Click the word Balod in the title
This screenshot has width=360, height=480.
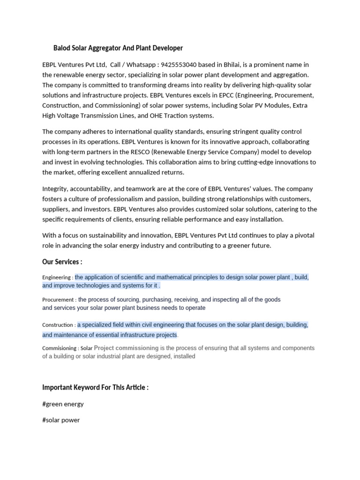pyautogui.click(x=63, y=48)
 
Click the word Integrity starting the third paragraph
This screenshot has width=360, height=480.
pyautogui.click(x=56, y=188)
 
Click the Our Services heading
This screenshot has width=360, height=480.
pyautogui.click(x=62, y=262)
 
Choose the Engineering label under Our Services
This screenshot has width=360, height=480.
pyautogui.click(x=57, y=277)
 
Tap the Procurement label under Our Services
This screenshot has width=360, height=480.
pyautogui.click(x=58, y=300)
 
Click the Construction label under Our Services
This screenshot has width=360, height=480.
pyautogui.click(x=58, y=325)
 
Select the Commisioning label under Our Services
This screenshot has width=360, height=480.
pyautogui.click(x=60, y=348)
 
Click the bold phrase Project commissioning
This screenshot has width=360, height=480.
pyautogui.click(x=126, y=348)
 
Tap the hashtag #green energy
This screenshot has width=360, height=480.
pyautogui.click(x=63, y=404)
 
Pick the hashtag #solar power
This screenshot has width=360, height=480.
pyautogui.click(x=61, y=420)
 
